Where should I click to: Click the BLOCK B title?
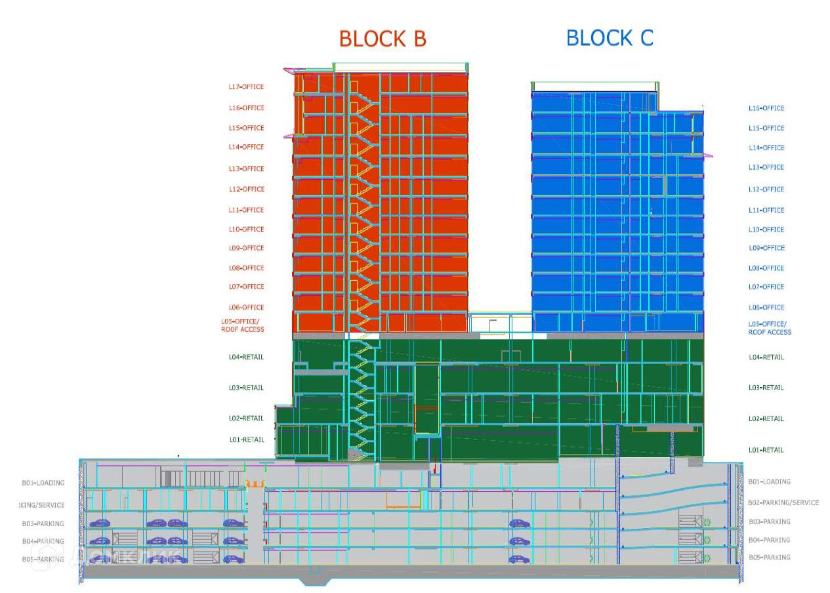(x=383, y=39)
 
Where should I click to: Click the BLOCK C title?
(x=610, y=38)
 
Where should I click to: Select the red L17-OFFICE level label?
(x=246, y=87)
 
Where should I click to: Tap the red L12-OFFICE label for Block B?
(x=246, y=190)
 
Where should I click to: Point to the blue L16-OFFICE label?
(x=766, y=108)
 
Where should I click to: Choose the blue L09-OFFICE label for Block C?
(x=766, y=249)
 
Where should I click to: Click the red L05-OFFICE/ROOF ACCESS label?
(x=243, y=325)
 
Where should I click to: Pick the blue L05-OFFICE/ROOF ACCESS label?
(x=770, y=328)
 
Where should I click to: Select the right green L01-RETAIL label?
(x=766, y=450)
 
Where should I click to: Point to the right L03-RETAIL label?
(x=766, y=388)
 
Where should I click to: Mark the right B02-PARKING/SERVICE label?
(x=783, y=503)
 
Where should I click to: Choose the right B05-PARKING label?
(x=769, y=558)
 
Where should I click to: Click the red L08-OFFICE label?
(x=246, y=268)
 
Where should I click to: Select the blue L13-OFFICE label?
(x=766, y=168)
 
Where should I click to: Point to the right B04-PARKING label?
(x=769, y=541)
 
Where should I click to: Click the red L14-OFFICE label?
(x=246, y=148)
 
